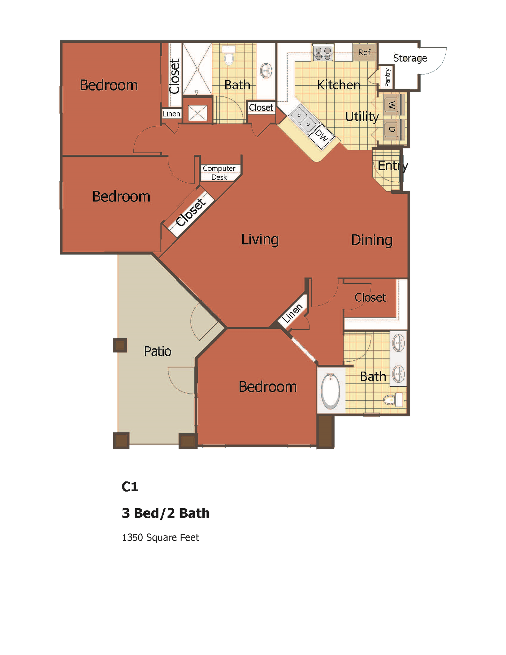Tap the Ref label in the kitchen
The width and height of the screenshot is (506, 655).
tap(364, 52)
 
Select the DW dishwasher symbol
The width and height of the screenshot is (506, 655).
tap(322, 136)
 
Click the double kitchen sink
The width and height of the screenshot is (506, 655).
tap(303, 119)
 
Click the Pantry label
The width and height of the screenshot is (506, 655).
tap(387, 77)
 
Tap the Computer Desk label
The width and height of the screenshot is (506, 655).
tap(219, 173)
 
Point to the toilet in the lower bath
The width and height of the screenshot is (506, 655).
tap(394, 400)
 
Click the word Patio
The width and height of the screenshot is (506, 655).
tap(158, 351)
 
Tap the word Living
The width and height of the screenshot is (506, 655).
tap(260, 240)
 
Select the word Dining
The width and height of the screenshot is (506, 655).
tap(371, 240)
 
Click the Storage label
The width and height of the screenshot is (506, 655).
tap(410, 58)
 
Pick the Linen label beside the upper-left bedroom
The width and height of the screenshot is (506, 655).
tap(171, 114)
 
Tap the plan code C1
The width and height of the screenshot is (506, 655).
tap(130, 486)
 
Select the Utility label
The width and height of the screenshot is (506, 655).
tap(362, 117)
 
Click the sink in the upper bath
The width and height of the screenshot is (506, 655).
tap(266, 71)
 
